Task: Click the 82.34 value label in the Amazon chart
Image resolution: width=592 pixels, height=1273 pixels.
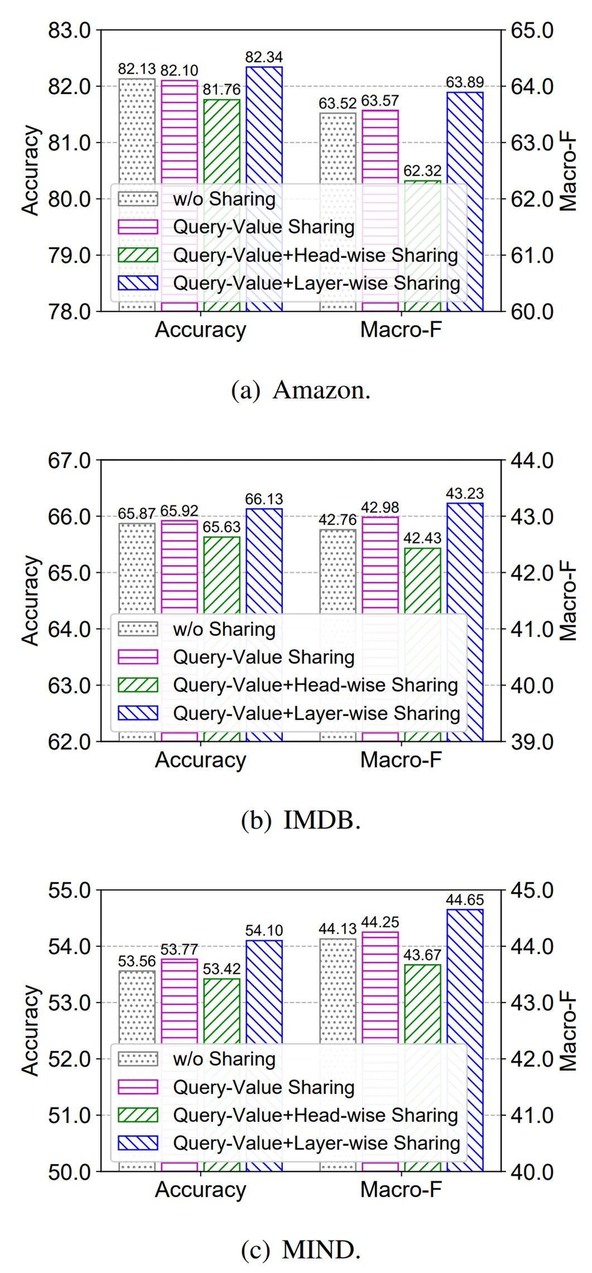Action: (263, 57)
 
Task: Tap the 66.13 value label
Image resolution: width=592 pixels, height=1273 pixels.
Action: (263, 499)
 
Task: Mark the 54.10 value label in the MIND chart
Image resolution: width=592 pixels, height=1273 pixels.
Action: (263, 930)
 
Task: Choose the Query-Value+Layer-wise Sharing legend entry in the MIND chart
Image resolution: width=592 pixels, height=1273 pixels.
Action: (316, 1143)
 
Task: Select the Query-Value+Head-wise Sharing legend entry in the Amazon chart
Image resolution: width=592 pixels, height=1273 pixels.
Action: (315, 255)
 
